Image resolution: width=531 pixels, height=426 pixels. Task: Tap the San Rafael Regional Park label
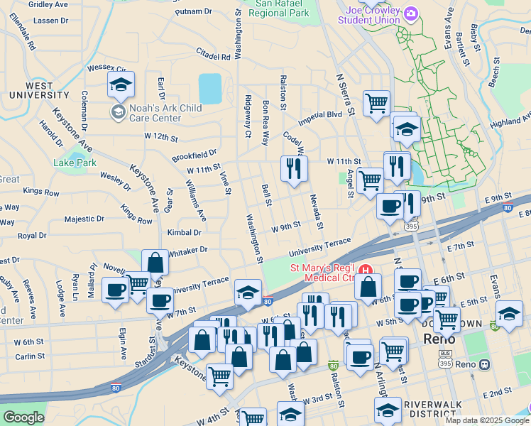(x=283, y=8)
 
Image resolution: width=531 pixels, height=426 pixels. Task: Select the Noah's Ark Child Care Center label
(x=155, y=113)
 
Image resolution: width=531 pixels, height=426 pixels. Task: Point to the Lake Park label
(x=75, y=163)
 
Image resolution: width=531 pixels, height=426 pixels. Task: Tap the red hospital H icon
(x=366, y=270)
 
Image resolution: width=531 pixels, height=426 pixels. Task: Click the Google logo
(x=23, y=417)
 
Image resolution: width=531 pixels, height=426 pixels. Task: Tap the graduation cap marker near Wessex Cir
(x=121, y=85)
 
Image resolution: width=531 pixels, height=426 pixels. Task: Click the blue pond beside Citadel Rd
(x=210, y=89)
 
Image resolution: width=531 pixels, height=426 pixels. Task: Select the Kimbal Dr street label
(x=184, y=232)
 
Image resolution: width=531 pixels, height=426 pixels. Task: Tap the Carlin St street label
(x=30, y=356)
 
